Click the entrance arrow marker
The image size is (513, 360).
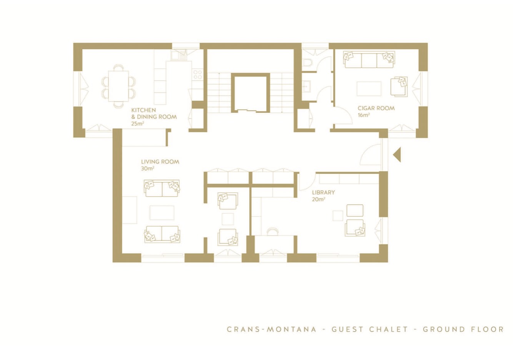pyautogui.click(x=397, y=155)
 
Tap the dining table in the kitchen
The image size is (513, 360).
pyautogui.click(x=118, y=86)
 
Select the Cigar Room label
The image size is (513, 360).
pyautogui.click(x=376, y=108)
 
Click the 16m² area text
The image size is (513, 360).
pyautogui.click(x=364, y=115)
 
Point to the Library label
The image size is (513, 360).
pyautogui.click(x=323, y=192)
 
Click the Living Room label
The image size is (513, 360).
pyautogui.click(x=160, y=162)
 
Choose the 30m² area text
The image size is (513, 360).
pyautogui.click(x=148, y=168)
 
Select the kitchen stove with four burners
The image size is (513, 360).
pyautogui.click(x=197, y=75)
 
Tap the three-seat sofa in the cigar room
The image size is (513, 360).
pyautogui.click(x=369, y=60)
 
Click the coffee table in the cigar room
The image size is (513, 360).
pyautogui.click(x=369, y=88)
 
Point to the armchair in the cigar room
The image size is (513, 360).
pyautogui.click(x=399, y=86)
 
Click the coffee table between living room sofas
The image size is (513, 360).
pyautogui.click(x=162, y=213)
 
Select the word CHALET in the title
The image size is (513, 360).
pyautogui.click(x=388, y=329)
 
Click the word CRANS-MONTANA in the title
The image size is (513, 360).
pyautogui.click(x=271, y=329)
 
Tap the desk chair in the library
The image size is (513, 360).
pyautogui.click(x=273, y=231)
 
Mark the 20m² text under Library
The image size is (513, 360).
pyautogui.click(x=318, y=199)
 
